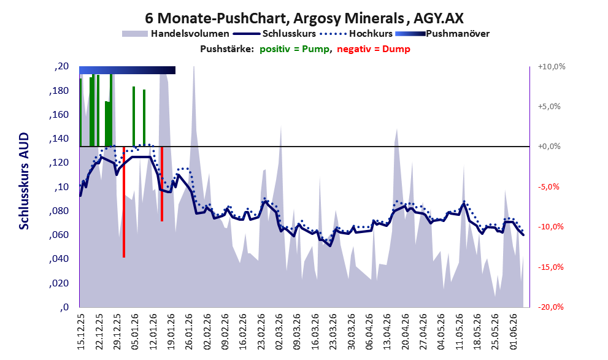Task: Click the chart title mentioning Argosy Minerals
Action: click(x=304, y=18)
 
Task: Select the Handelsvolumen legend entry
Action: click(x=175, y=34)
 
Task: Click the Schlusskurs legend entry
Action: click(x=274, y=34)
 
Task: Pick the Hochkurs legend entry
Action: click(x=356, y=34)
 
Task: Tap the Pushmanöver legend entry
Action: click(x=442, y=34)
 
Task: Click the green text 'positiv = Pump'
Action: click(x=295, y=49)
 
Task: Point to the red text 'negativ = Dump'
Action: click(x=374, y=49)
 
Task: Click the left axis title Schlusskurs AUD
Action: click(x=24, y=181)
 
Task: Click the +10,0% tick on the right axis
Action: click(x=552, y=67)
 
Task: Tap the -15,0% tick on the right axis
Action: click(x=550, y=267)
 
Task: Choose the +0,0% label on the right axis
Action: click(x=549, y=147)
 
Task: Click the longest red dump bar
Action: click(x=124, y=202)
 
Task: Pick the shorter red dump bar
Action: click(x=162, y=184)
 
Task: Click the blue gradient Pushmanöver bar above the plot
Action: click(x=127, y=70)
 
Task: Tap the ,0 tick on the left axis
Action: click(x=64, y=307)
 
